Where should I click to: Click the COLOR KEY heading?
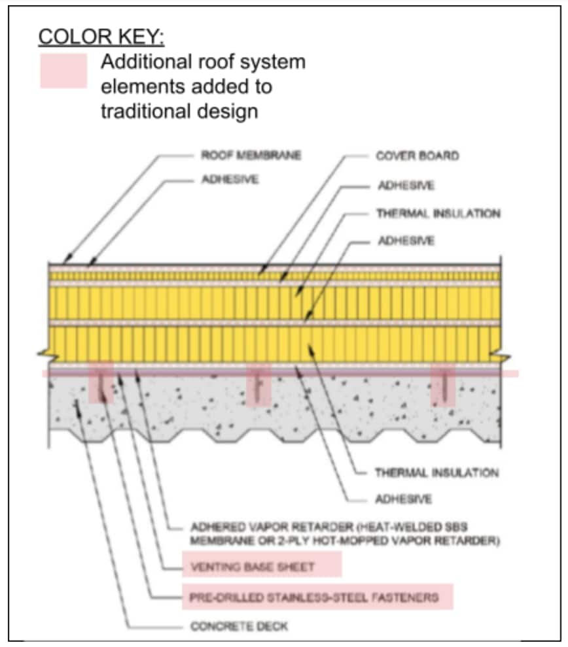[101, 37]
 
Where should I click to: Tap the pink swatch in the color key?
[63, 71]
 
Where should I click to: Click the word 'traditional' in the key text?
[145, 110]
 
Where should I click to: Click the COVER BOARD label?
[417, 156]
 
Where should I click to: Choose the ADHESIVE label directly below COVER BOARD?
[405, 186]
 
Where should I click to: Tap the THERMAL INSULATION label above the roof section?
[438, 214]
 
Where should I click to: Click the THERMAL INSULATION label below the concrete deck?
[436, 472]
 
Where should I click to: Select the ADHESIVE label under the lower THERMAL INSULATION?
[403, 499]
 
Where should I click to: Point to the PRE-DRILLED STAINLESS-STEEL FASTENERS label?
[314, 597]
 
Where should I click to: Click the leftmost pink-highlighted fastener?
[101, 386]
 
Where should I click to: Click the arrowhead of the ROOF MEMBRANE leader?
[65, 262]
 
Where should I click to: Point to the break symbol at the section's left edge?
[44, 355]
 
